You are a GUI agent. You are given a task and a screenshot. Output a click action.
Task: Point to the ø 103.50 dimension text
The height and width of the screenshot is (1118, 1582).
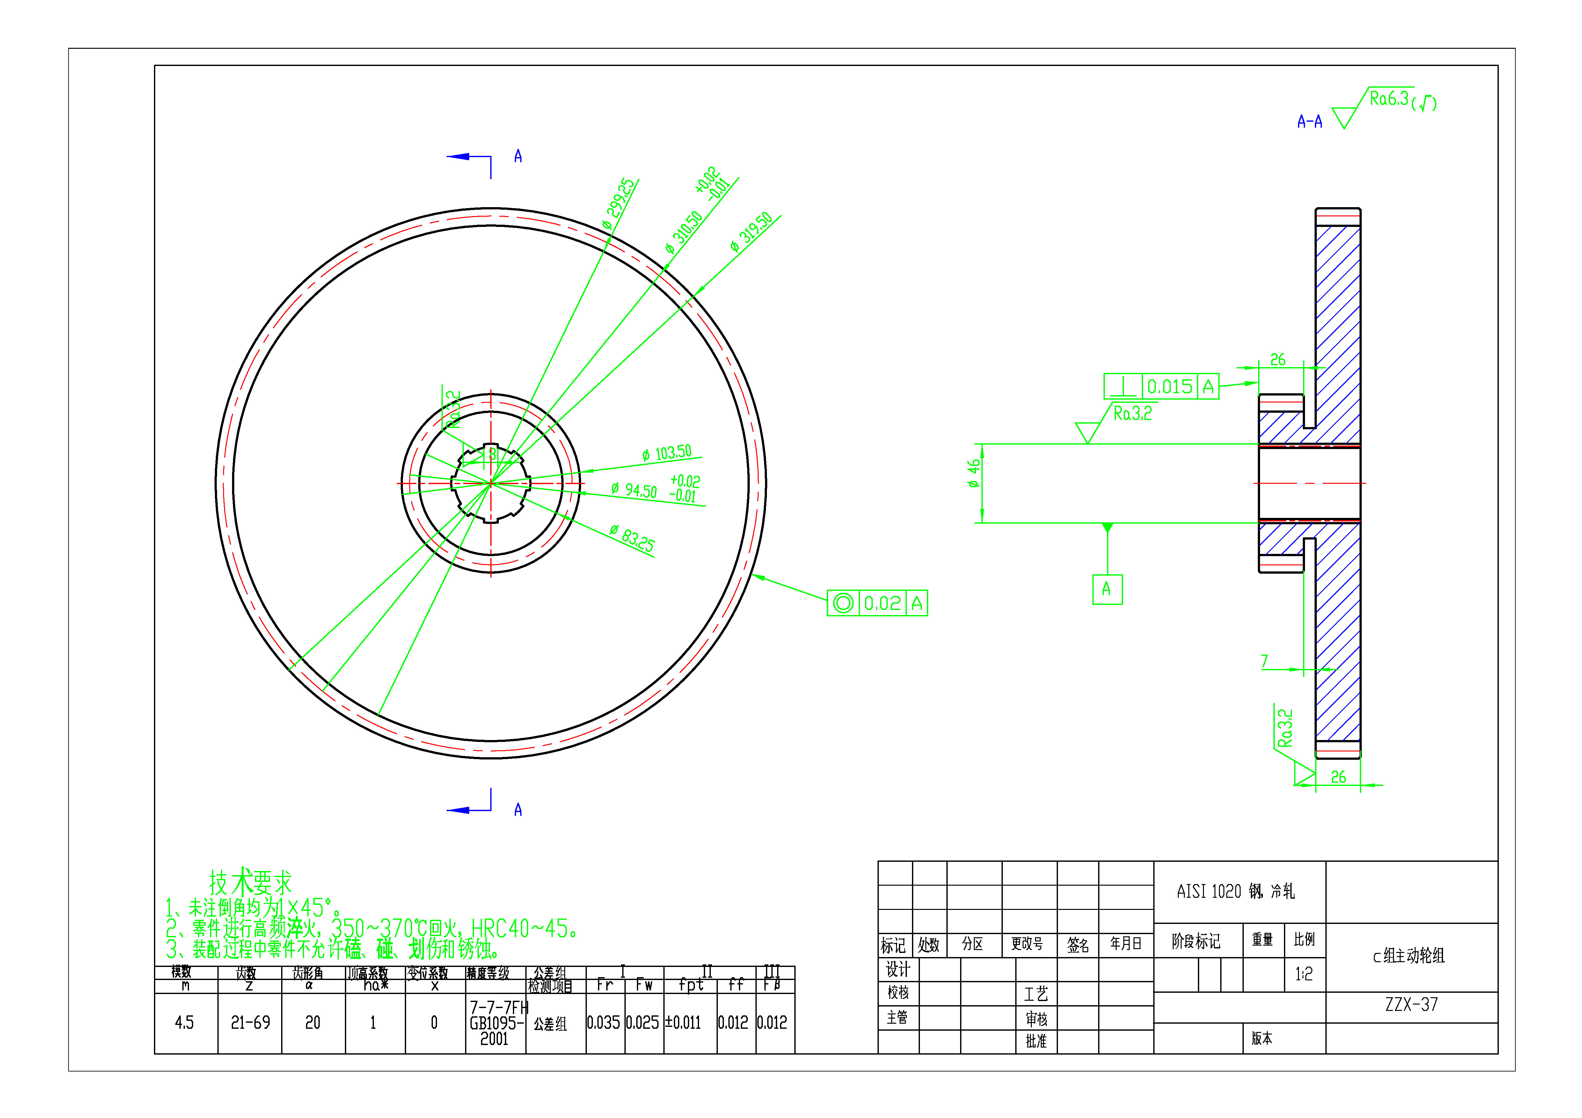666,453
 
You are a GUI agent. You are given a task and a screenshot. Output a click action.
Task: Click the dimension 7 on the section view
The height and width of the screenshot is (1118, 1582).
1265,661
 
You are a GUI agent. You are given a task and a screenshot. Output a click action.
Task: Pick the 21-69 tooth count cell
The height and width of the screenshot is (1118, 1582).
250,1023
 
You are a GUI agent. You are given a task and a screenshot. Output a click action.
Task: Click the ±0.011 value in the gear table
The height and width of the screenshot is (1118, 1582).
683,1023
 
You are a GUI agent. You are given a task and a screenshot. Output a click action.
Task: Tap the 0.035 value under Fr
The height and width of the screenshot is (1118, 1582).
604,1023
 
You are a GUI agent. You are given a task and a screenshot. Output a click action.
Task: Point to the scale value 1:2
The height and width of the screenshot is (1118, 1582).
1304,974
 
